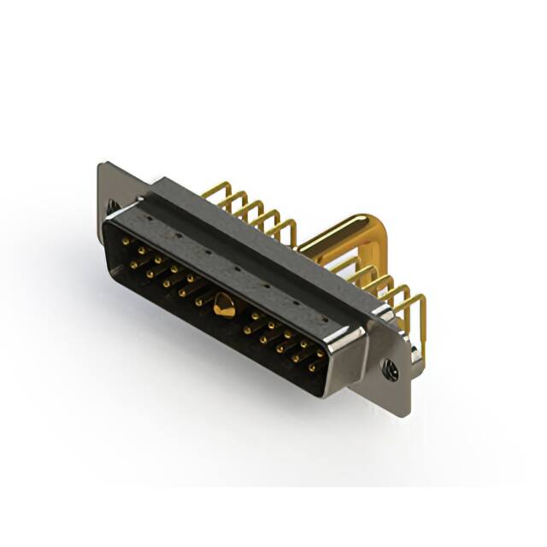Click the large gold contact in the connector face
pyautogui.click(x=224, y=305)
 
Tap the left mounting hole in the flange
pyautogui.click(x=112, y=206)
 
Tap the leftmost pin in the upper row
pyautogui.click(x=125, y=243)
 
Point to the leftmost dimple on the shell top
pyautogui.click(x=149, y=219)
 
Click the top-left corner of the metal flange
pyautogui.click(x=102, y=163)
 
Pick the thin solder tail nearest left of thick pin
pyautogui.click(x=291, y=229)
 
